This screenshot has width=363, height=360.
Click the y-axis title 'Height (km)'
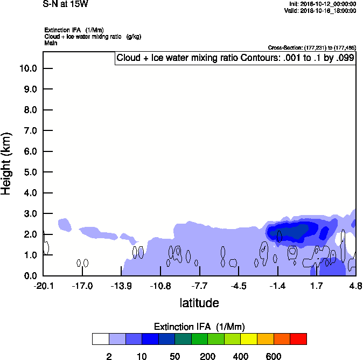6,163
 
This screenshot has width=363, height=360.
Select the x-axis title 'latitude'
199,303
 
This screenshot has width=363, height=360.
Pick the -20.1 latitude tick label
43,286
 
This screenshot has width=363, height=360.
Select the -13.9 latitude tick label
121,286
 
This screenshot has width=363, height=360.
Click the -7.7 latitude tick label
199,286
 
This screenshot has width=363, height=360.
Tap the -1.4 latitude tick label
277,286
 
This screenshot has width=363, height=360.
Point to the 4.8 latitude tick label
355,286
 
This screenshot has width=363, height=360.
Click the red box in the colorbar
298,339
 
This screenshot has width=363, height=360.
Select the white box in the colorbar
100,339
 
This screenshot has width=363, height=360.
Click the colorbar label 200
207,356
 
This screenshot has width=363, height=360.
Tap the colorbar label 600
274,356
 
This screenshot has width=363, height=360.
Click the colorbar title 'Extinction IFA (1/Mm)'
199,327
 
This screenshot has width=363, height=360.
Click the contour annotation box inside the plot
235,58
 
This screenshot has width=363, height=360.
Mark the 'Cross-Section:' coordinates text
312,47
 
